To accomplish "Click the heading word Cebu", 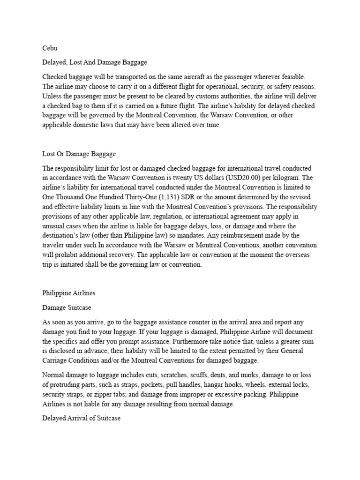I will [x=50, y=47].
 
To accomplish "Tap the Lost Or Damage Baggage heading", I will [x=79, y=153].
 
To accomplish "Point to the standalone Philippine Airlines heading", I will [x=69, y=293].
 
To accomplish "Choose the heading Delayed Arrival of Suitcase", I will [x=82, y=418].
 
